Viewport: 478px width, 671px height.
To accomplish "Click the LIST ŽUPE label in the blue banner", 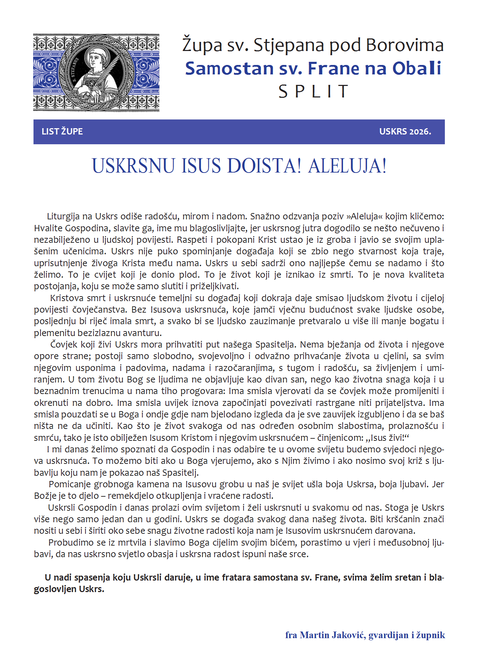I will point(62,132).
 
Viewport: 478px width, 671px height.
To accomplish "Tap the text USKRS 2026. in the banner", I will point(405,132).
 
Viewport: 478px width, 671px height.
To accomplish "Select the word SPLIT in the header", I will point(313,92).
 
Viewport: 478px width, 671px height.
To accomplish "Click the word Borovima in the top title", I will point(405,45).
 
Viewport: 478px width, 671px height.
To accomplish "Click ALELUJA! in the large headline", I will point(348,166).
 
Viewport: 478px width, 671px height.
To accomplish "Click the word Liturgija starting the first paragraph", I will point(64,217).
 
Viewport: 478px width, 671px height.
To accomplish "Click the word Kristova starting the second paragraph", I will point(67,298).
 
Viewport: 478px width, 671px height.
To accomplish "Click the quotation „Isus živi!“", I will point(389,438).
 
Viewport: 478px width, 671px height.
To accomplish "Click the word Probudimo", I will point(68,542).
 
